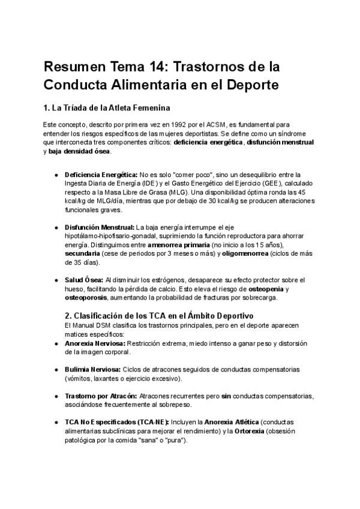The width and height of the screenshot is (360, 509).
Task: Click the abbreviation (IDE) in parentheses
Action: [150, 182]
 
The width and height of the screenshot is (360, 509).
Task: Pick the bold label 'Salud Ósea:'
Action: [83, 280]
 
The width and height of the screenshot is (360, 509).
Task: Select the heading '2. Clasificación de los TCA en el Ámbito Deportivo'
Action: [159, 316]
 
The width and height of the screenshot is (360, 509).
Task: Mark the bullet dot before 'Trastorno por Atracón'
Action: [56, 396]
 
